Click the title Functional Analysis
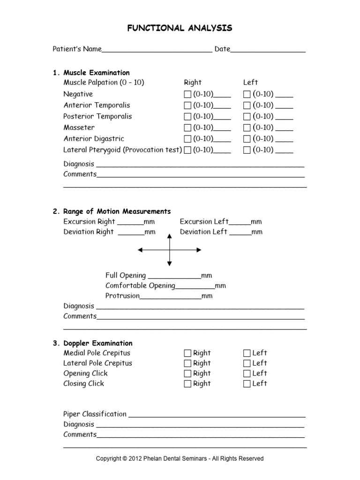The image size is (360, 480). click(180, 29)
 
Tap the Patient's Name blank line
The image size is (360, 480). click(157, 50)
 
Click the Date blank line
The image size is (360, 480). click(268, 50)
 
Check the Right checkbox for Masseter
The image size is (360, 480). click(187, 128)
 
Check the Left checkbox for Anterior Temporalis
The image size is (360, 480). click(247, 105)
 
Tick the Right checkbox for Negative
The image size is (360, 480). click(187, 94)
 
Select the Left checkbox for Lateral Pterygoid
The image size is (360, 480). click(247, 150)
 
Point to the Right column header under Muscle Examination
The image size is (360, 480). click(193, 82)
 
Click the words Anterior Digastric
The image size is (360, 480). click(94, 139)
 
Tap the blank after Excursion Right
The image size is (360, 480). click(130, 223)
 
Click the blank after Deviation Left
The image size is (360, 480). click(240, 233)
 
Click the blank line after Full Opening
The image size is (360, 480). click(174, 277)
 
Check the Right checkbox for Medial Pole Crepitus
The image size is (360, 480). click(187, 353)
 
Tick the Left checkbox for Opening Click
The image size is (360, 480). click(247, 374)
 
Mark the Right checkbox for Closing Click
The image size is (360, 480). click(187, 384)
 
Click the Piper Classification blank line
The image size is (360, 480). click(217, 415)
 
